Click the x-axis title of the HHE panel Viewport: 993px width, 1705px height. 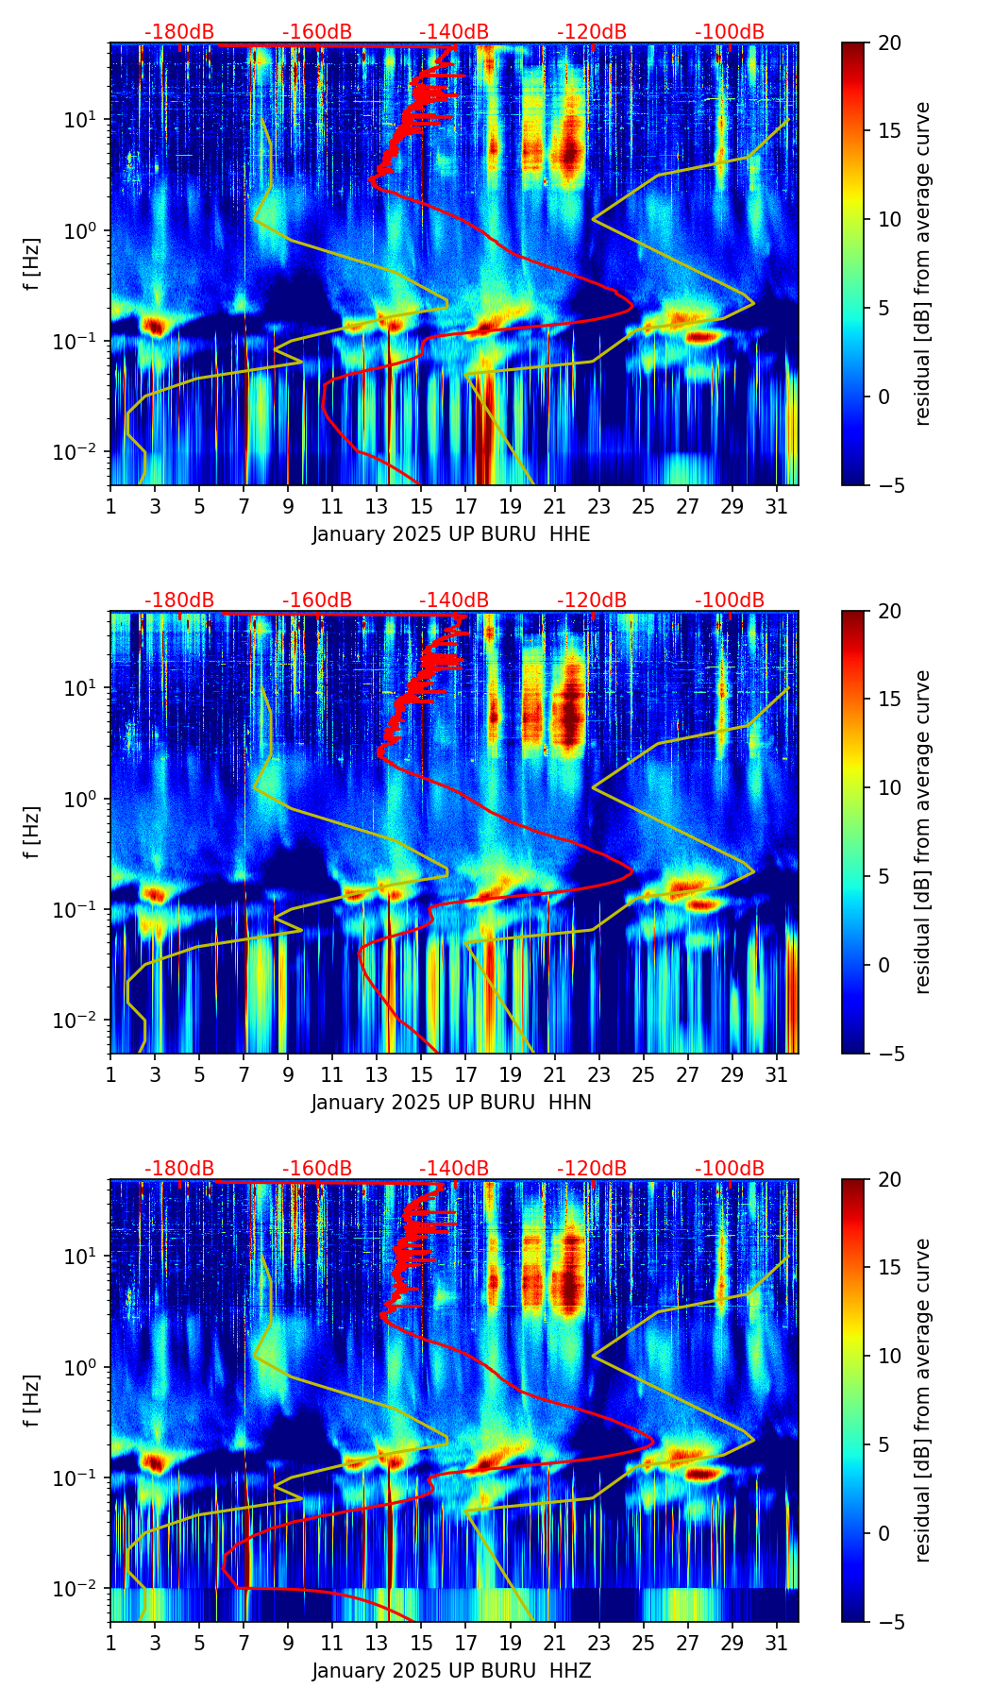[x=451, y=534]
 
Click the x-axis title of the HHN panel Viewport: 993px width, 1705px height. [x=451, y=1103]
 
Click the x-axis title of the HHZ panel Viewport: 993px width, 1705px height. [x=451, y=1671]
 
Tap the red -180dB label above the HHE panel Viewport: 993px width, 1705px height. [x=179, y=32]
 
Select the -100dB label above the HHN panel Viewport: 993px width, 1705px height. [x=730, y=600]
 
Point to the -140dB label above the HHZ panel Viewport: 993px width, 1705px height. [x=454, y=1169]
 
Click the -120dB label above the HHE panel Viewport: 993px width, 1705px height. [x=592, y=32]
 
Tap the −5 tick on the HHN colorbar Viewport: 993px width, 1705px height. [x=889, y=1053]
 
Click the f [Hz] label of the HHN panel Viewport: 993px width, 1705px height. [x=32, y=832]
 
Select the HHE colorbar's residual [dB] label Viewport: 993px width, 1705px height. [x=922, y=263]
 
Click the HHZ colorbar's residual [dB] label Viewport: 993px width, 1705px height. [x=922, y=1400]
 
